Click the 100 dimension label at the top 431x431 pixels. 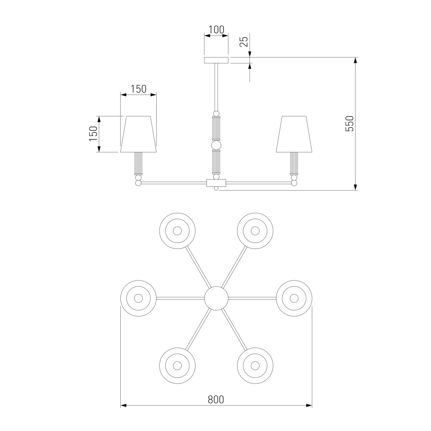pos(216,29)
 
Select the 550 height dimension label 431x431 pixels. pos(349,124)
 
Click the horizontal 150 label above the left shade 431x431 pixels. pos(138,89)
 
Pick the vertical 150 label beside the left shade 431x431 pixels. pos(93,134)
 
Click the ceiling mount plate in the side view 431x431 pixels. pos(216,60)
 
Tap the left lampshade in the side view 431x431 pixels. pos(138,134)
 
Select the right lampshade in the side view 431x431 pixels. pos(294,134)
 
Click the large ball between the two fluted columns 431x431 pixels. pos(216,145)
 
